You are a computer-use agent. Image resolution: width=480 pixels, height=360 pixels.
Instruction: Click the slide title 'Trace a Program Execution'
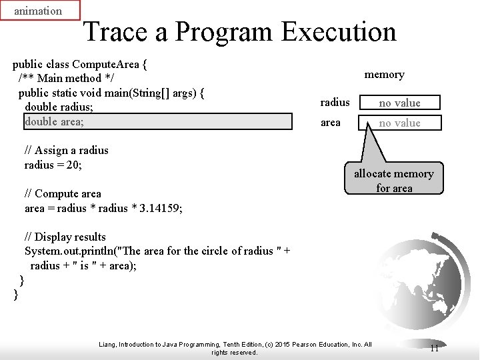click(240, 31)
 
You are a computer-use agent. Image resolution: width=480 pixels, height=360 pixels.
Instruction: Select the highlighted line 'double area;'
click(55, 121)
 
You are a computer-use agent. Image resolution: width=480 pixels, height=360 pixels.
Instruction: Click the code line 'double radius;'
click(59, 107)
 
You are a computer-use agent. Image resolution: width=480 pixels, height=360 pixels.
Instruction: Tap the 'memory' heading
click(384, 75)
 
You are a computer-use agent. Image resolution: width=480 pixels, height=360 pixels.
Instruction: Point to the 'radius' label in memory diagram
click(335, 103)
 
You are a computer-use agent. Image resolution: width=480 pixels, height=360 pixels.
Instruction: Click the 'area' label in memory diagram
click(331, 123)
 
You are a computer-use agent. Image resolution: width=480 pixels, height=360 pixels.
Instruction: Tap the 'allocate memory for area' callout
click(393, 181)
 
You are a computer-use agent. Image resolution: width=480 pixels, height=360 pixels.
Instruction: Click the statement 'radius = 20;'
click(53, 165)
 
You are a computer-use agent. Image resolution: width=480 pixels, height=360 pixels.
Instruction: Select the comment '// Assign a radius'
click(66, 150)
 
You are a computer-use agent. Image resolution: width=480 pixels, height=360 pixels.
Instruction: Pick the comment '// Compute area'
click(63, 193)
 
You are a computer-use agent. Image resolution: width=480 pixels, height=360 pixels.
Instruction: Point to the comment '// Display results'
click(65, 237)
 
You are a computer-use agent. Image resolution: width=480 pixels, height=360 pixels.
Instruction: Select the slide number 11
click(434, 348)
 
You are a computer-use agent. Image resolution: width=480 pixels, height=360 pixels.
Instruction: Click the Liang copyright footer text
click(235, 348)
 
